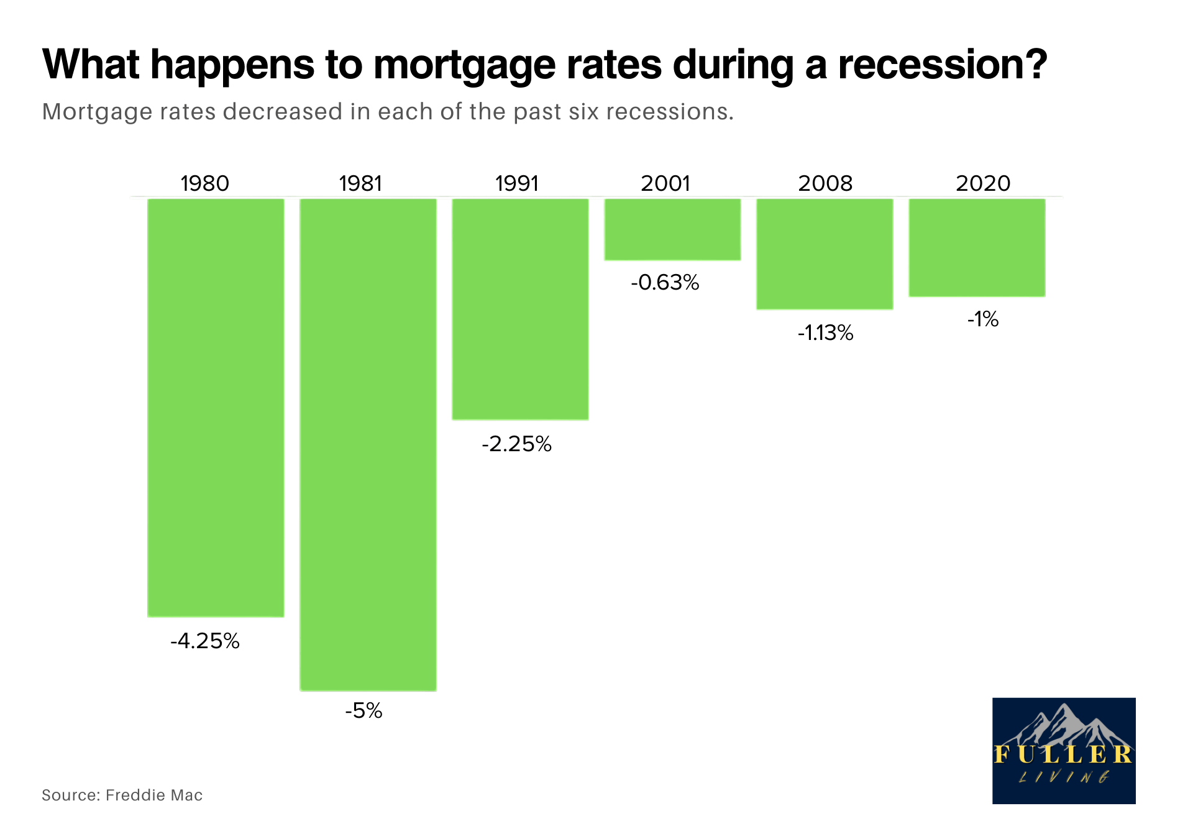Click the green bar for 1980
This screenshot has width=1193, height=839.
click(x=216, y=408)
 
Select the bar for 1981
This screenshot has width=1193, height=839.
click(x=368, y=444)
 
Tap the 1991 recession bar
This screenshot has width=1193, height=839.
click(x=520, y=309)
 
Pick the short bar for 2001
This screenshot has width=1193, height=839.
click(x=672, y=229)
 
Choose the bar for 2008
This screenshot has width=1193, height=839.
click(x=825, y=254)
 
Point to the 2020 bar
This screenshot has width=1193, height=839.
click(x=977, y=248)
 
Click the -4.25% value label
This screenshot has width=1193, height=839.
click(x=205, y=641)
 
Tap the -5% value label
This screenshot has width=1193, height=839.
click(x=364, y=710)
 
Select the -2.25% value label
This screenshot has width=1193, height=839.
click(x=517, y=444)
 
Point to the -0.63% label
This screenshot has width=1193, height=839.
click(x=665, y=283)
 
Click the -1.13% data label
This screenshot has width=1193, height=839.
click(x=826, y=333)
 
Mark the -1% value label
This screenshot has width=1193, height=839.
click(x=983, y=319)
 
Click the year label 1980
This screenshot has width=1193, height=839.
click(x=205, y=183)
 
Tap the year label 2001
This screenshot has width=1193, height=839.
click(x=665, y=183)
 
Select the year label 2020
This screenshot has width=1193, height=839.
click(x=983, y=183)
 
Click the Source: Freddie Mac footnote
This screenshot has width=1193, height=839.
click(x=122, y=795)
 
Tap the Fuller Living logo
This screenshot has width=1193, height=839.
click(x=1064, y=751)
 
